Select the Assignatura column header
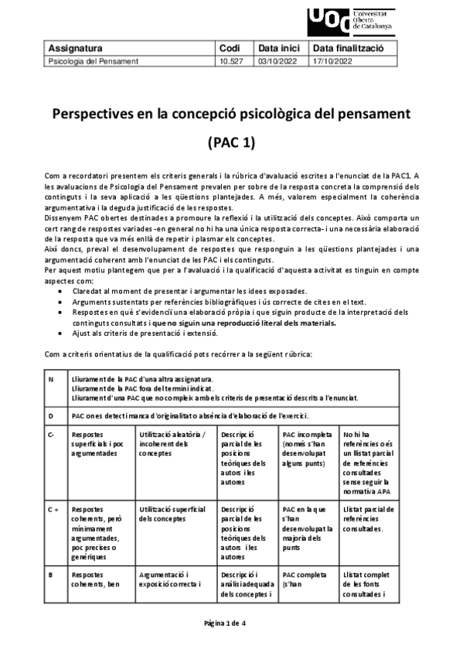pyautogui.click(x=76, y=48)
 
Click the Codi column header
pyautogui.click(x=230, y=48)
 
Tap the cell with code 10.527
pyautogui.click(x=230, y=60)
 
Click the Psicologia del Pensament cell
pyautogui.click(x=94, y=60)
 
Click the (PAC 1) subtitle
pyautogui.click(x=232, y=143)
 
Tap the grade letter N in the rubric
pyautogui.click(x=51, y=380)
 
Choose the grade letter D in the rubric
pyautogui.click(x=51, y=416)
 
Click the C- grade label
pyautogui.click(x=52, y=435)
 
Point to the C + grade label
pyautogui.click(x=53, y=510)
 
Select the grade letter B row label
pyautogui.click(x=51, y=575)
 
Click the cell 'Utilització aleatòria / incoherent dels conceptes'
pyautogui.click(x=171, y=444)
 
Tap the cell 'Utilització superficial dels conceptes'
pyautogui.click(x=171, y=514)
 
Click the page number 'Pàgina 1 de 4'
pyautogui.click(x=231, y=623)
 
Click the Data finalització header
pyautogui.click(x=355, y=48)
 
